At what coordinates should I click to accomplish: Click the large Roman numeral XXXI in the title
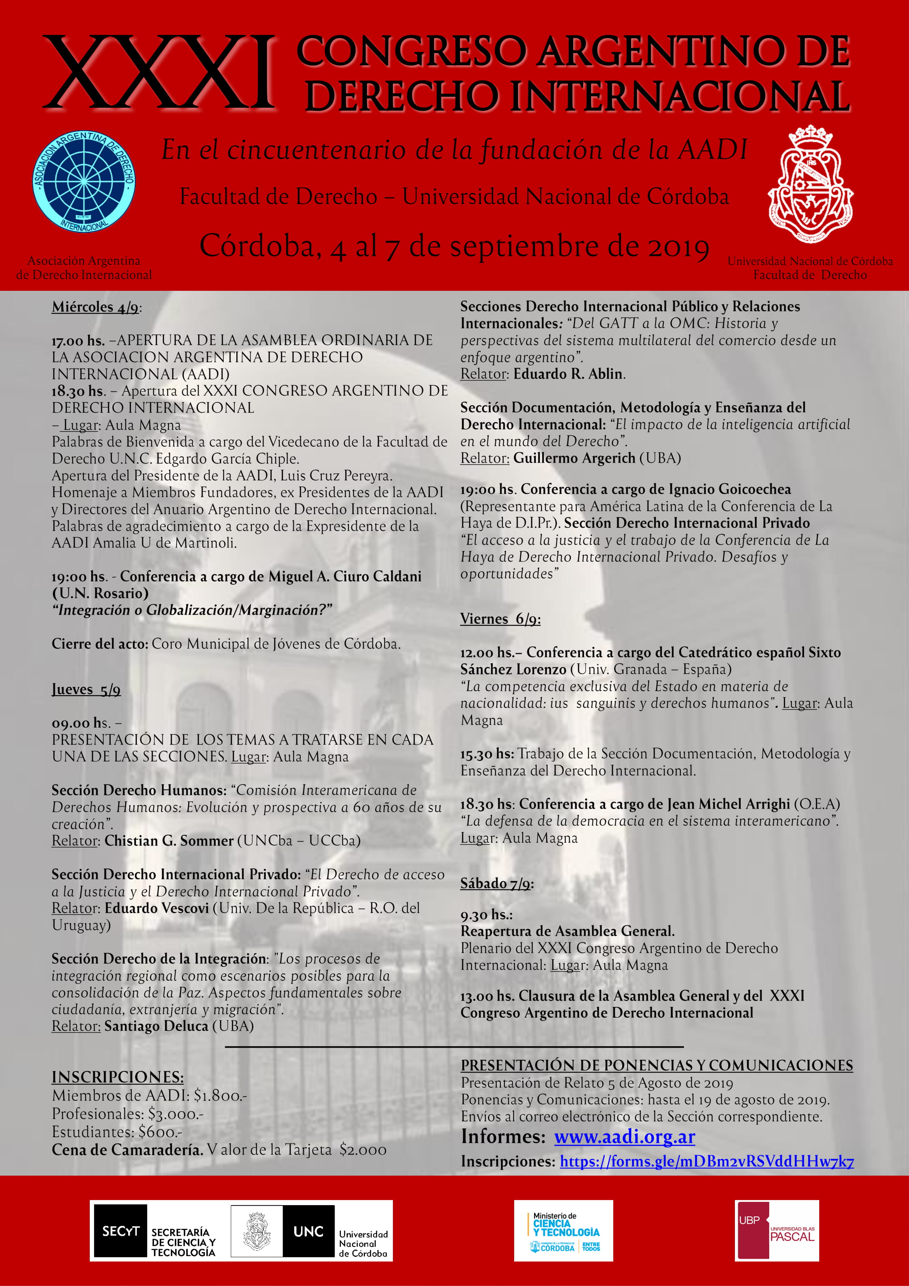point(160,73)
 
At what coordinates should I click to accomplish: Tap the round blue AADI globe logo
point(84,183)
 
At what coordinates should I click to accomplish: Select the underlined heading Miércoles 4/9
point(96,307)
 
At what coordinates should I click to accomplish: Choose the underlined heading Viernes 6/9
point(500,619)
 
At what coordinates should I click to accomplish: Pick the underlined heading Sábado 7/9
point(497,883)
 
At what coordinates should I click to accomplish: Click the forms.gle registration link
point(707,1161)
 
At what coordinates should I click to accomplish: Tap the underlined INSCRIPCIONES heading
point(118,1077)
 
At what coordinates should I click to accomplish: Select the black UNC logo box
point(308,1231)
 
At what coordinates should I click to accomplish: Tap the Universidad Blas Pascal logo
point(777,1230)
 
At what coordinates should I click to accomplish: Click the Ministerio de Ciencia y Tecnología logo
point(564,1230)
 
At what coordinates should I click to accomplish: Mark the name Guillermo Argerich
point(574,458)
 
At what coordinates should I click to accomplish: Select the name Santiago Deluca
point(156,1026)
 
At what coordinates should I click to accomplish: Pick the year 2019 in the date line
point(679,247)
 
